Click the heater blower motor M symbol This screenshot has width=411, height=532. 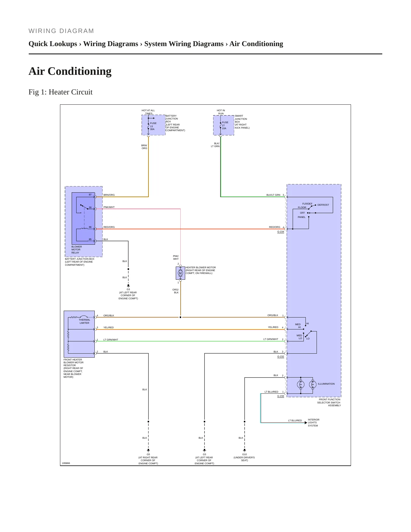pyautogui.click(x=180, y=273)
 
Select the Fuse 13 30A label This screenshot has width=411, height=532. pyautogui.click(x=153, y=126)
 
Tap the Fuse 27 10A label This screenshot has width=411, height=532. pyautogui.click(x=225, y=125)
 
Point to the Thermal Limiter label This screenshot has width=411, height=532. pyautogui.click(x=84, y=321)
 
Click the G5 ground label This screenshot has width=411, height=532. pyautogui.click(x=148, y=454)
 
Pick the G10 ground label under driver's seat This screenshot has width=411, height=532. pyautogui.click(x=244, y=454)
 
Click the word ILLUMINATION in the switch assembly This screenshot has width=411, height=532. pyautogui.click(x=326, y=384)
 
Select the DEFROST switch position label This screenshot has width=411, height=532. pyautogui.click(x=323, y=205)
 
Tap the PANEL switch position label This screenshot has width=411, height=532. pyautogui.click(x=301, y=217)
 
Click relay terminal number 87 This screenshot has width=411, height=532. pyautogui.click(x=90, y=195)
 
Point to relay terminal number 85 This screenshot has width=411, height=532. pyautogui.click(x=90, y=239)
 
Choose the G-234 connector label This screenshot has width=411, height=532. pyautogui.click(x=281, y=232)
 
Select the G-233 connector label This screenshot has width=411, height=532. pyautogui.click(x=281, y=396)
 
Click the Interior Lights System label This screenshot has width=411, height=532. pyautogui.click(x=313, y=422)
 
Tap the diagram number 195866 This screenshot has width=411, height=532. pyautogui.click(x=66, y=463)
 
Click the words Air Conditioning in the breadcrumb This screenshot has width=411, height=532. pyautogui.click(x=256, y=44)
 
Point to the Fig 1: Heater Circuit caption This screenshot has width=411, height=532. pyautogui.click(x=61, y=92)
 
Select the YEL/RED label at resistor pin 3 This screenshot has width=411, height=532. pyautogui.click(x=108, y=327)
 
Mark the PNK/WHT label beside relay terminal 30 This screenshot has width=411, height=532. pyautogui.click(x=109, y=207)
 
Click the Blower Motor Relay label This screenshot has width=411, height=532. pyautogui.click(x=77, y=249)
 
